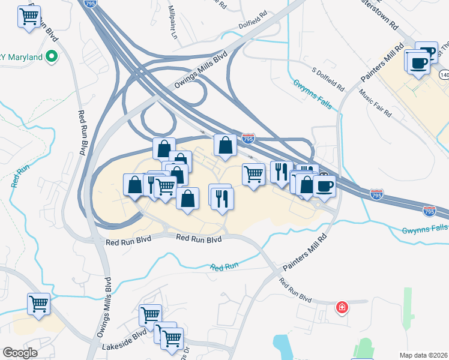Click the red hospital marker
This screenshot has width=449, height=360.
pos(342,307)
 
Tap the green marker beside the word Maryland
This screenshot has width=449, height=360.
pos(52,58)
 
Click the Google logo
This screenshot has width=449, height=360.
pos(19,353)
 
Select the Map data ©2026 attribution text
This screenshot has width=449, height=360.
pos(424,355)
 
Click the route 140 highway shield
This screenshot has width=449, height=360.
pos(444,74)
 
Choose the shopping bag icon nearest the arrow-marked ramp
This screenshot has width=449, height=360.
pos(224,145)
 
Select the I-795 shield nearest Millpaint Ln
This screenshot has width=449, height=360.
pos(90,3)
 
